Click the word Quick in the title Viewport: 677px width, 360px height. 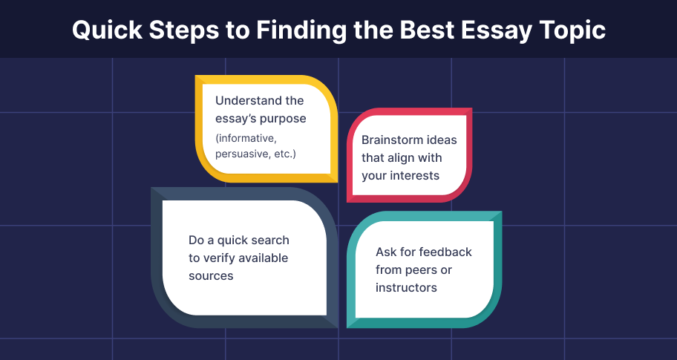point(107,30)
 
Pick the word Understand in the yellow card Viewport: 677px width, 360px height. point(244,100)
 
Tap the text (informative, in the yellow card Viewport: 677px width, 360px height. point(245,139)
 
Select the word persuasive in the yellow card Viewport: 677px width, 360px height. point(243,154)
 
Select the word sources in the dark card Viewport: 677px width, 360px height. point(211,276)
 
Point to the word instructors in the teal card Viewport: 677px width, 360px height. point(406,287)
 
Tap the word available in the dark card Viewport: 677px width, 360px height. point(264,258)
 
